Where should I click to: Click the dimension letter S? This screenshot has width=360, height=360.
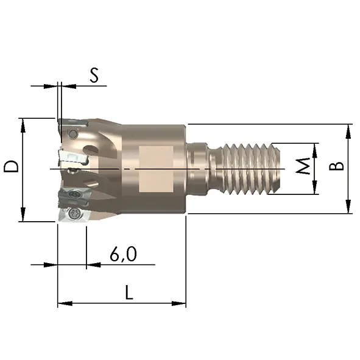(94, 75)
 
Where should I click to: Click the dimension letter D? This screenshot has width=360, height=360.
(11, 166)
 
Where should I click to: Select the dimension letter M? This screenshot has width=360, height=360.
(303, 166)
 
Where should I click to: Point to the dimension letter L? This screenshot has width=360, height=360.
(129, 292)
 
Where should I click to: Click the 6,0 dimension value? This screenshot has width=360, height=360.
(123, 254)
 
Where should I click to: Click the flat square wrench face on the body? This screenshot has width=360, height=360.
(156, 169)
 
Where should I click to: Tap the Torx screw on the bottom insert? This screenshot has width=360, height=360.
(73, 214)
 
